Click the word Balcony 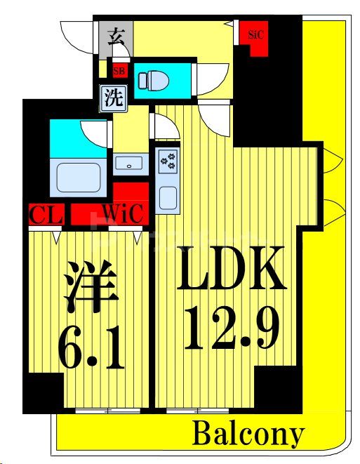coord(248,435)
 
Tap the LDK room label coord(231,270)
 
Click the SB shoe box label coord(119,70)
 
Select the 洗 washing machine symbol coord(114,97)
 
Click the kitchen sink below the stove coord(168,197)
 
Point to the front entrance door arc coord(77,35)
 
